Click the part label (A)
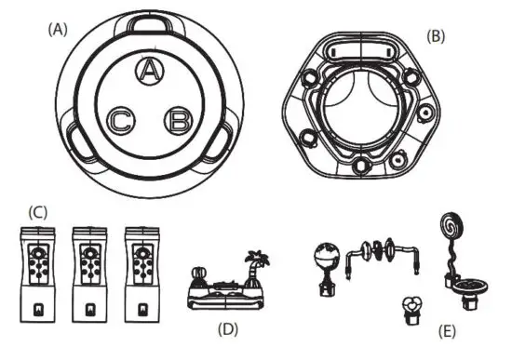coord(59,29)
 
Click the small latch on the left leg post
coord(38,307)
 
